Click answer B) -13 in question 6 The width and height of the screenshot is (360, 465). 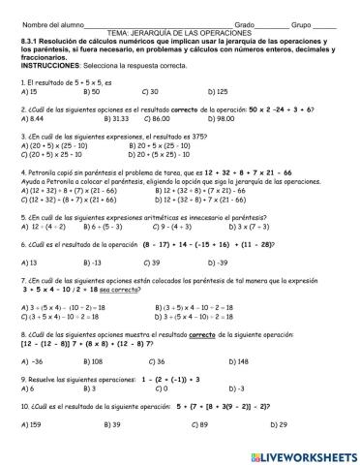(x=94, y=263)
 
